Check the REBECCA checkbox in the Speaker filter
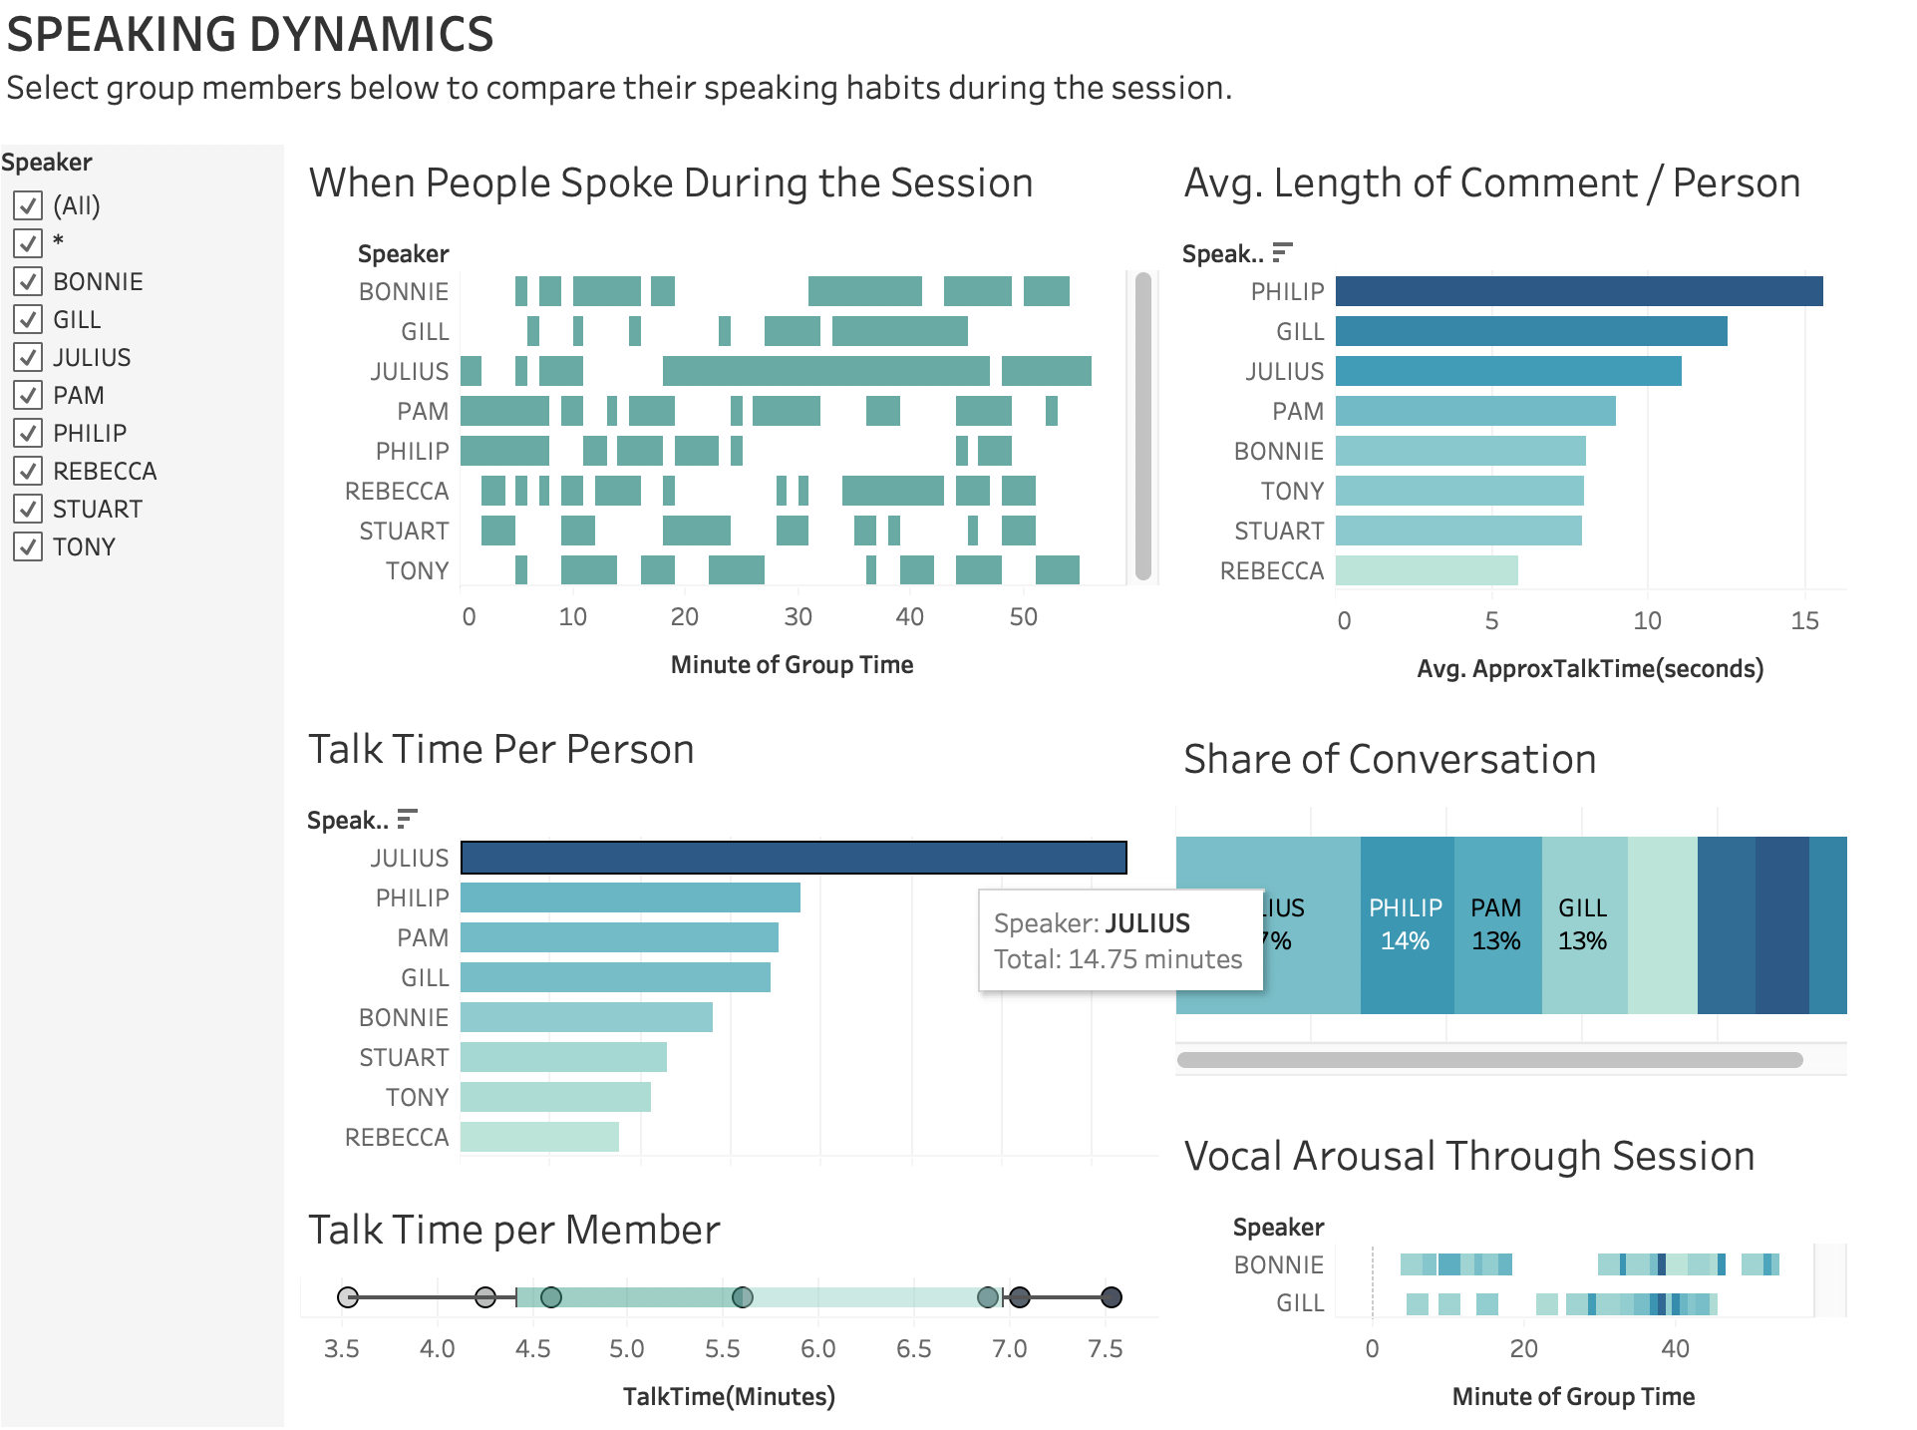pos(28,471)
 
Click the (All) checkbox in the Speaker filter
pos(28,205)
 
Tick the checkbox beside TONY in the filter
pos(28,546)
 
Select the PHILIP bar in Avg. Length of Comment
pos(1578,291)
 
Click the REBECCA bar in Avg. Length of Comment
pos(1426,570)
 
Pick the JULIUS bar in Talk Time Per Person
pos(794,858)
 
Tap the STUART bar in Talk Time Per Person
pos(563,1057)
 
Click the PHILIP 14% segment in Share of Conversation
pos(1406,924)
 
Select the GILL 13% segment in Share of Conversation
pos(1583,924)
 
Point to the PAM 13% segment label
pos(1496,924)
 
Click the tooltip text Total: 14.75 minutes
pos(1118,959)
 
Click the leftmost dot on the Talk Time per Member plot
pos(347,1297)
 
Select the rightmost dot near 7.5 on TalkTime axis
pos(1111,1297)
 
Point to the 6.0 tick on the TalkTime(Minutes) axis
pos(817,1349)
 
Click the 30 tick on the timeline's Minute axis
pos(798,617)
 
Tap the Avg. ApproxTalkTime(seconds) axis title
pos(1590,669)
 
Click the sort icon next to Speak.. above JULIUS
pos(407,820)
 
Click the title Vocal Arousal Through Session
pos(1468,1157)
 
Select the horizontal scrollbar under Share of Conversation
pos(1489,1060)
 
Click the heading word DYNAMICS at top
pos(371,35)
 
